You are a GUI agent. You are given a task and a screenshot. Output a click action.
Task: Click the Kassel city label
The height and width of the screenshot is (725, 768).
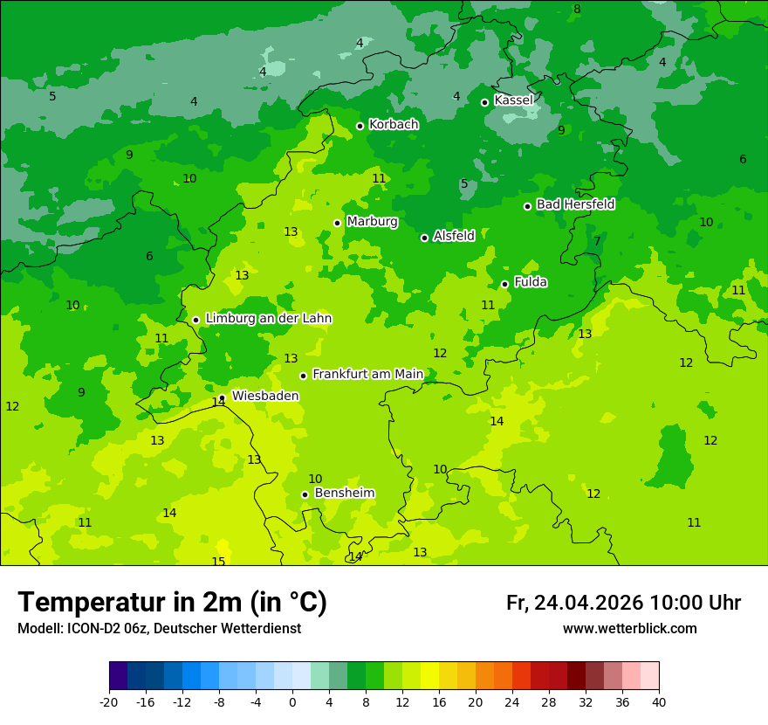pyautogui.click(x=513, y=100)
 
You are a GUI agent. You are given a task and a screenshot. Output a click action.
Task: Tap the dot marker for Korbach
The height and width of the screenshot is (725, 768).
pyautogui.click(x=360, y=126)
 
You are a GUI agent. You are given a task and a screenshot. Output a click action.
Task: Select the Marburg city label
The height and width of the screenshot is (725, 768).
pyautogui.click(x=372, y=222)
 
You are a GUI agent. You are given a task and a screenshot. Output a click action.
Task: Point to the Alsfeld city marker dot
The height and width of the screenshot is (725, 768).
pyautogui.click(x=424, y=238)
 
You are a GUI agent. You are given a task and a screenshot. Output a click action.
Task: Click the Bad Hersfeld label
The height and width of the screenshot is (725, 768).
pyautogui.click(x=575, y=204)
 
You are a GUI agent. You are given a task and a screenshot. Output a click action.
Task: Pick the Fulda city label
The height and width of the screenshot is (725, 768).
pyautogui.click(x=531, y=282)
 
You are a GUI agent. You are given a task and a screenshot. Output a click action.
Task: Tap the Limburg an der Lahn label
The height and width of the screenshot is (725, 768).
pyautogui.click(x=268, y=319)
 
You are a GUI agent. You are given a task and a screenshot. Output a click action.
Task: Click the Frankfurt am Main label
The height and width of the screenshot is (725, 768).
pyautogui.click(x=367, y=374)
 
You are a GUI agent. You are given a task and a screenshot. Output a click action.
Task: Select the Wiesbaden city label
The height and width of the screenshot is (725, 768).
pyautogui.click(x=265, y=396)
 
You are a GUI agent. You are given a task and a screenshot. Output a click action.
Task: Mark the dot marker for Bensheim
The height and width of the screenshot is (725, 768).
pyautogui.click(x=305, y=494)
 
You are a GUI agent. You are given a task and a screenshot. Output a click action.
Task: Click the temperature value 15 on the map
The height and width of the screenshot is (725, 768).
pyautogui.click(x=218, y=562)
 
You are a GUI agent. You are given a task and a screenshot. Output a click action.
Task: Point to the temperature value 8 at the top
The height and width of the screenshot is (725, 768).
pyautogui.click(x=577, y=10)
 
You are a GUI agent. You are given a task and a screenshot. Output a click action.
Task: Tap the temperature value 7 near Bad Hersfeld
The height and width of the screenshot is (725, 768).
pyautogui.click(x=597, y=241)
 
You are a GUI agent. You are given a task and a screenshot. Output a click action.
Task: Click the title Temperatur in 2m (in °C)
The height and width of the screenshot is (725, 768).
pyautogui.click(x=172, y=602)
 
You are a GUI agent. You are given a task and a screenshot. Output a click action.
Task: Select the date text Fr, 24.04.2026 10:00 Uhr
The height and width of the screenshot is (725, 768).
pyautogui.click(x=623, y=603)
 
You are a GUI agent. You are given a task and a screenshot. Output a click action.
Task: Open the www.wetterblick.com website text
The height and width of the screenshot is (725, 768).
pyautogui.click(x=629, y=629)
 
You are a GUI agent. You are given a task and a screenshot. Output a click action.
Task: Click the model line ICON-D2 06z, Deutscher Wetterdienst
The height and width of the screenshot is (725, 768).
pyautogui.click(x=159, y=629)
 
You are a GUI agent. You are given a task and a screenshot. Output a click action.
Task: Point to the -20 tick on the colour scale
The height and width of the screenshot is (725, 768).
pyautogui.click(x=109, y=701)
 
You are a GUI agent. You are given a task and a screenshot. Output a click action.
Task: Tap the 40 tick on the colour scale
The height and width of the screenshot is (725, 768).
pyautogui.click(x=659, y=701)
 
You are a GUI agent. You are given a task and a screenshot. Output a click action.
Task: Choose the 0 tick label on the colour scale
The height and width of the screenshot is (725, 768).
pyautogui.click(x=292, y=701)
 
